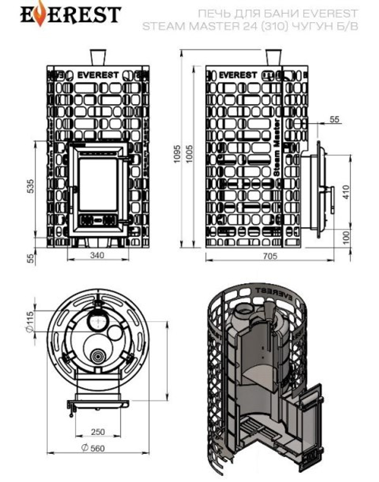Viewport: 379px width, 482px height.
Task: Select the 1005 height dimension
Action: coord(188,154)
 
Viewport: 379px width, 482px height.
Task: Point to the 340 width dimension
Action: coord(97,255)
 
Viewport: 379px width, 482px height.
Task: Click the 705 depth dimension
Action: coord(269,256)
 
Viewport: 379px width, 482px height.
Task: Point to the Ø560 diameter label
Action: coord(93,448)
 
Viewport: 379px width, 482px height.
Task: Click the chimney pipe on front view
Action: coord(98,58)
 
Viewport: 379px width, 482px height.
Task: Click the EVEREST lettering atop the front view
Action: coord(98,75)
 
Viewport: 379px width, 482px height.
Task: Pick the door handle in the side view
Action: coord(332,199)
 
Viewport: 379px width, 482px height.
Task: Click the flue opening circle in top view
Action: coord(99,322)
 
